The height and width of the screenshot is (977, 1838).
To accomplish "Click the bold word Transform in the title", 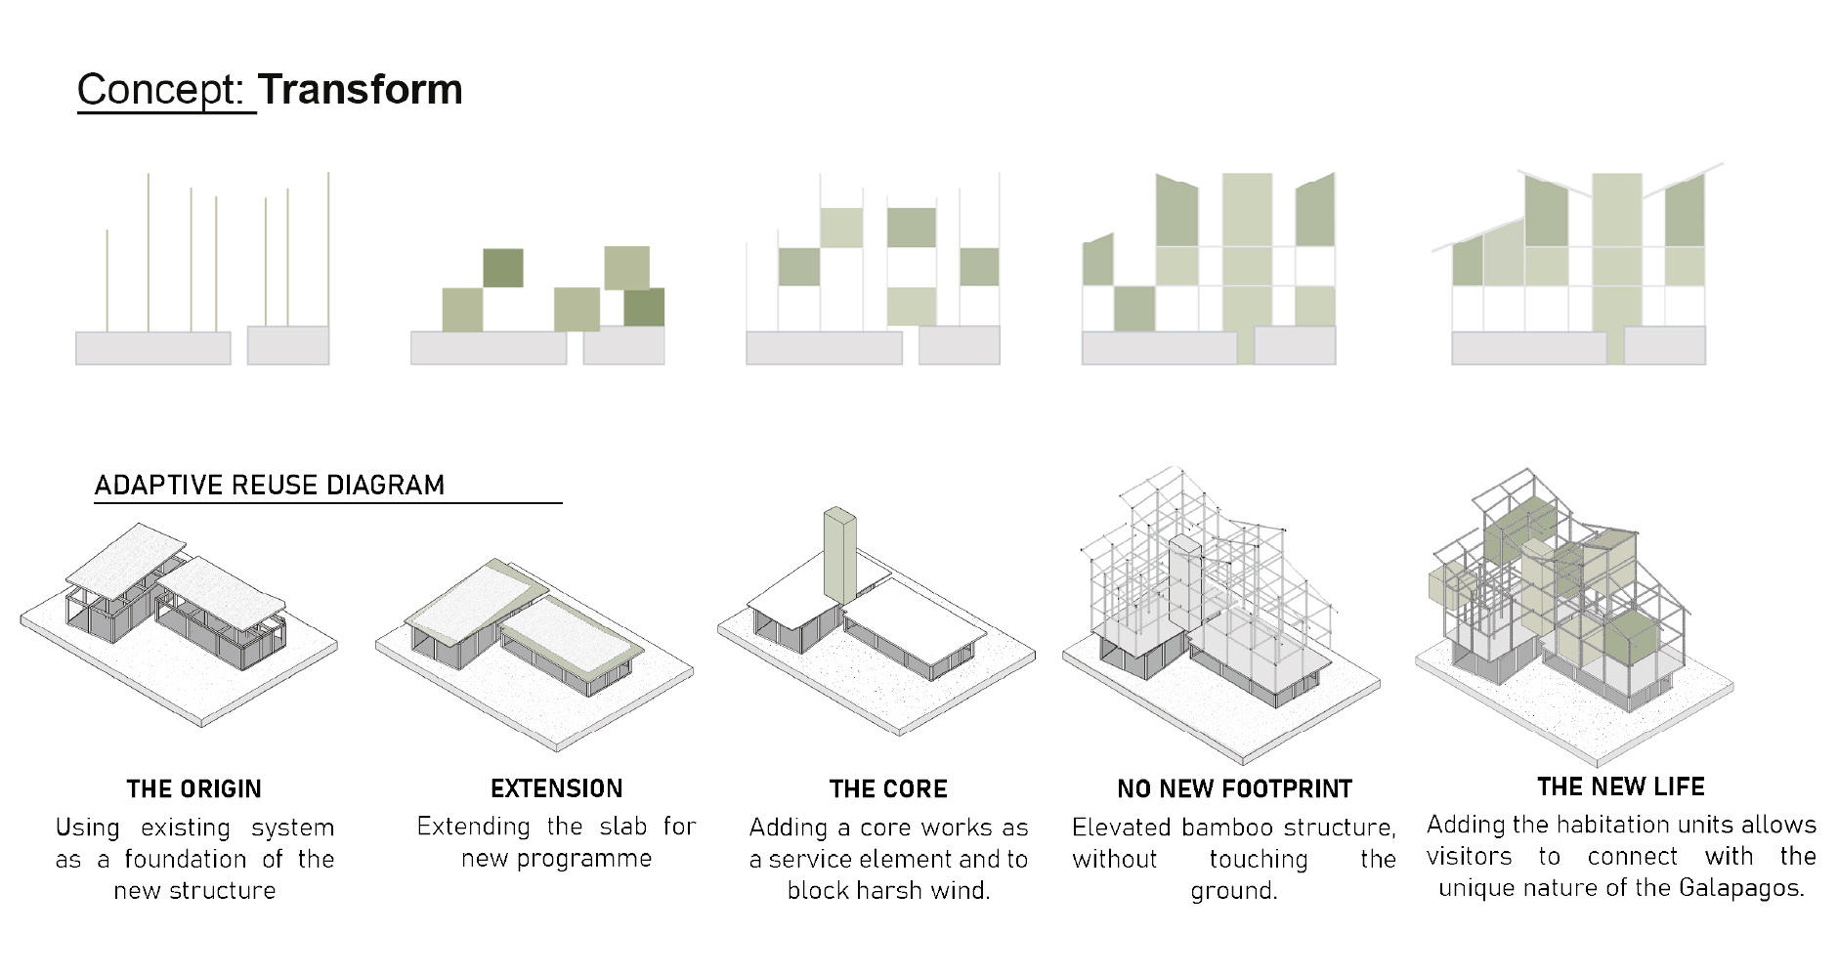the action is tap(361, 89).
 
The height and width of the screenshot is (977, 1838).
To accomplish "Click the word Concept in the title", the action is tap(158, 91).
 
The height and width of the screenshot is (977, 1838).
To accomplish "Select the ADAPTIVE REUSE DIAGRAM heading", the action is tap(270, 485).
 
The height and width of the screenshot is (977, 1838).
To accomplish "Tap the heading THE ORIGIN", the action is tap(194, 788).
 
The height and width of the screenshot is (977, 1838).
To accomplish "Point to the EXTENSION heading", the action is tap(557, 788).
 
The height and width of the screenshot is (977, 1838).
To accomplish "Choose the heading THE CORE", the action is tap(888, 788).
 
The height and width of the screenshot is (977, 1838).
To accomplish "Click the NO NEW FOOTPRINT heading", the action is tap(1235, 788).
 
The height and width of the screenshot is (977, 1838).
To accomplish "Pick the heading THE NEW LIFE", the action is tap(1621, 786).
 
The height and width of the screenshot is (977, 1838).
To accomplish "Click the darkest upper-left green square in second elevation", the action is tap(503, 268).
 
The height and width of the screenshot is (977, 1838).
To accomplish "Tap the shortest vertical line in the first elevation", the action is tap(107, 281).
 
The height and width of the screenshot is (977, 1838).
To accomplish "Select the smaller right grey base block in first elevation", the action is tap(288, 345).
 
